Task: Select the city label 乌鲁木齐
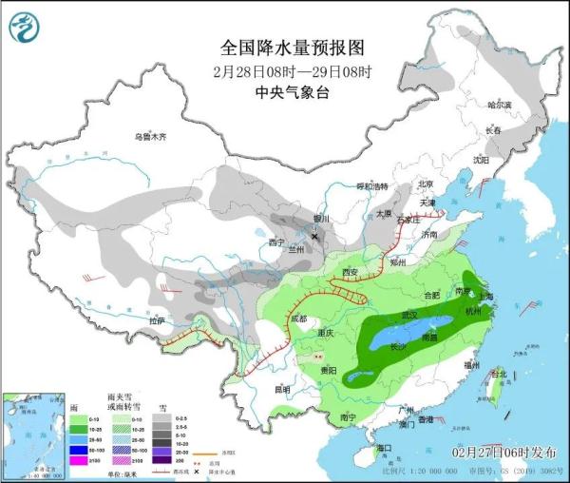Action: coord(149,138)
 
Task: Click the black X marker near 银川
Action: coord(314,235)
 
